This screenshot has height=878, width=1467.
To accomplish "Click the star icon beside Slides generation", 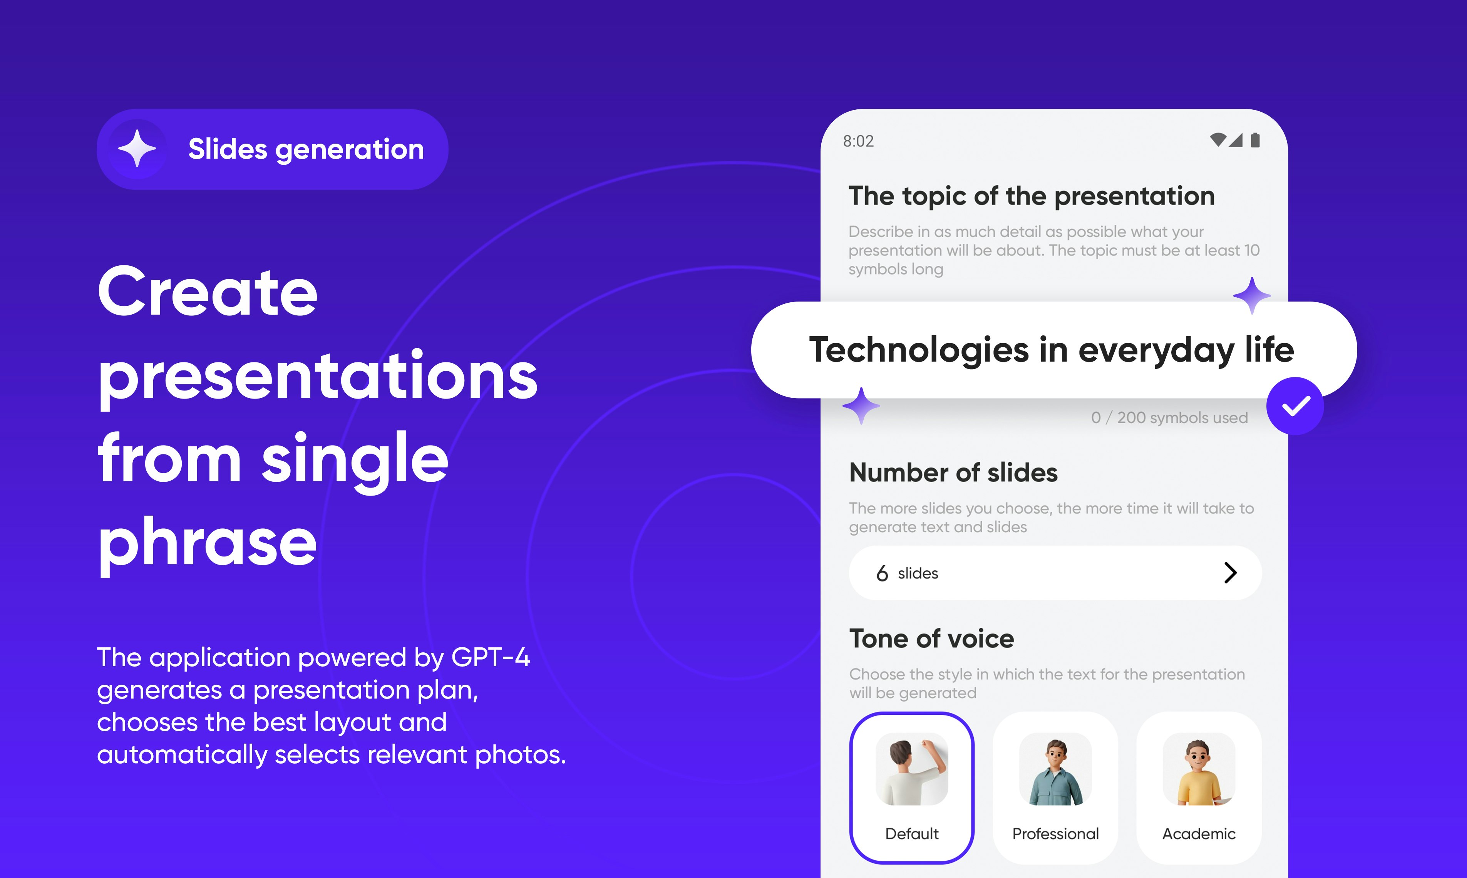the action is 137,149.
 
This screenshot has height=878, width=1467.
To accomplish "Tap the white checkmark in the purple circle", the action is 1295,406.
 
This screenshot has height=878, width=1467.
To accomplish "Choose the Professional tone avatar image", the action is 1055,769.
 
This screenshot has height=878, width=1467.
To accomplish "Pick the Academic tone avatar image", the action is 1199,769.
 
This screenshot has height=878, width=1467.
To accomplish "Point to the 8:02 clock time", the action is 858,141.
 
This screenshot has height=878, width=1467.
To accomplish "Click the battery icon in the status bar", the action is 1255,140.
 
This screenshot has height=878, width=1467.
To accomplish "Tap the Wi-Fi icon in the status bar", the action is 1217,140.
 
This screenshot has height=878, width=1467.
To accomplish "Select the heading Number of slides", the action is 953,473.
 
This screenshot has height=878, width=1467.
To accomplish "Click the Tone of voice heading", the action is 932,639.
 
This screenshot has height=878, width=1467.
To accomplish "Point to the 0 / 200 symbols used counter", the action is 1169,418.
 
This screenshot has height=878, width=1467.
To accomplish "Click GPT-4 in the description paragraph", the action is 491,657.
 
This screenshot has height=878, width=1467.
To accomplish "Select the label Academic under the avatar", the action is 1199,834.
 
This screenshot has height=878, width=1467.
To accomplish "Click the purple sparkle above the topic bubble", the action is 1252,295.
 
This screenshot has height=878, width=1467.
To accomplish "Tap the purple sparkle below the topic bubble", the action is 861,406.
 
